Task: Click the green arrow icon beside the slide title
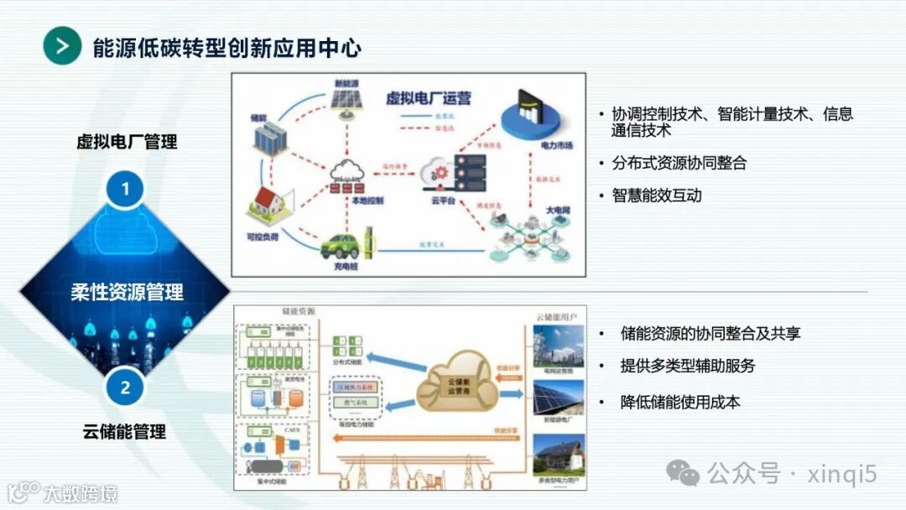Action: click(x=61, y=46)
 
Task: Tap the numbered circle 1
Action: click(x=125, y=190)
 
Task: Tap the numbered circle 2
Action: click(x=125, y=388)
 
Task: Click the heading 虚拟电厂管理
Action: click(x=128, y=142)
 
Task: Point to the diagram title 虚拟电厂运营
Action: click(x=428, y=98)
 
